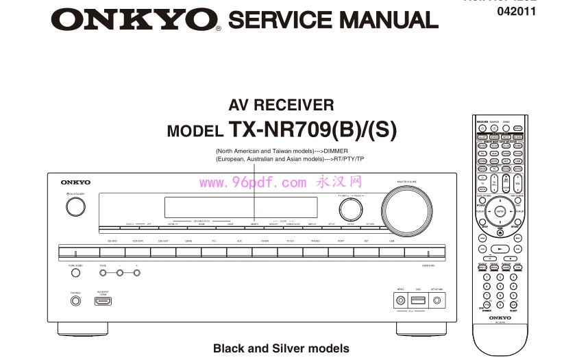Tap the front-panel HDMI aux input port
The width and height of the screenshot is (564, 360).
pyautogui.click(x=103, y=300)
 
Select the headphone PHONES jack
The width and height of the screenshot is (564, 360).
pyautogui.click(x=75, y=300)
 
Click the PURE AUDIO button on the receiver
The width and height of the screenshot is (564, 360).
pyautogui.click(x=75, y=273)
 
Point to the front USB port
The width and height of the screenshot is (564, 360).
pyautogui.click(x=417, y=300)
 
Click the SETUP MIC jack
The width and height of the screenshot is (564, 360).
pyautogui.click(x=436, y=300)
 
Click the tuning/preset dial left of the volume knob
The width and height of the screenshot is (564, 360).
pyautogui.click(x=350, y=208)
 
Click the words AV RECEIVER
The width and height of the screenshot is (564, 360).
pyautogui.click(x=281, y=105)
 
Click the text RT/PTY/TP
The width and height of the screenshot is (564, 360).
pyautogui.click(x=350, y=159)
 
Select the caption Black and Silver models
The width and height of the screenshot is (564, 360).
pyautogui.click(x=281, y=348)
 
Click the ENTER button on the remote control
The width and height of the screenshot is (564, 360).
pyautogui.click(x=500, y=212)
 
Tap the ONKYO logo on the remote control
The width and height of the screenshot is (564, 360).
pyautogui.click(x=500, y=318)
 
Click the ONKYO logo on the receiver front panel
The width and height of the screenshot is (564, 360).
pyautogui.click(x=75, y=182)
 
